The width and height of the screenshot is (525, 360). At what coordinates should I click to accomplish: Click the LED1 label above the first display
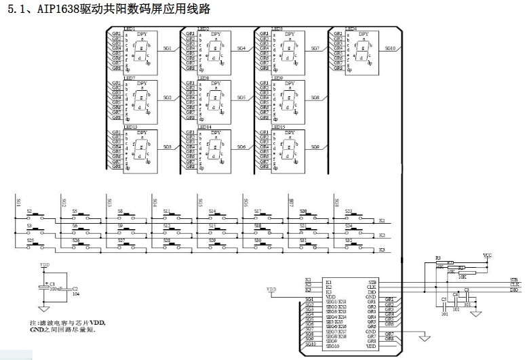pos(130,29)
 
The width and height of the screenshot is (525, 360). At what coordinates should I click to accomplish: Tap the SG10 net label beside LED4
pos(390,48)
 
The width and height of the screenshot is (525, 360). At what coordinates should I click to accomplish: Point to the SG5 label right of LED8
pos(241,98)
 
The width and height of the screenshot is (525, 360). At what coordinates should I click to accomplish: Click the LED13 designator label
pos(131,127)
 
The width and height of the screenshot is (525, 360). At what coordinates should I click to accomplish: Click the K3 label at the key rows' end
pos(382,250)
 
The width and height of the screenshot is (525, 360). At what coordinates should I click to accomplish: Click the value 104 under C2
pos(75,295)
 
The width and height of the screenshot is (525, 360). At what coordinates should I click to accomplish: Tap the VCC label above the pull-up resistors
pos(487,255)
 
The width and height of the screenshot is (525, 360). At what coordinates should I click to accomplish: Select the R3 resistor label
pos(438,258)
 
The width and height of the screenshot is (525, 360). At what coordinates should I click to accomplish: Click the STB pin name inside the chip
pos(372,281)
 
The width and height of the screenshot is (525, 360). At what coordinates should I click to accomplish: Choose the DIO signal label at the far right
pos(515,289)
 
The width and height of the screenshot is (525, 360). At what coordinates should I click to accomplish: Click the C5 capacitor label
pos(444,298)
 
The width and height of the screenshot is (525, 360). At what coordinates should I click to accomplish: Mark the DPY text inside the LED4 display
pos(364,34)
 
